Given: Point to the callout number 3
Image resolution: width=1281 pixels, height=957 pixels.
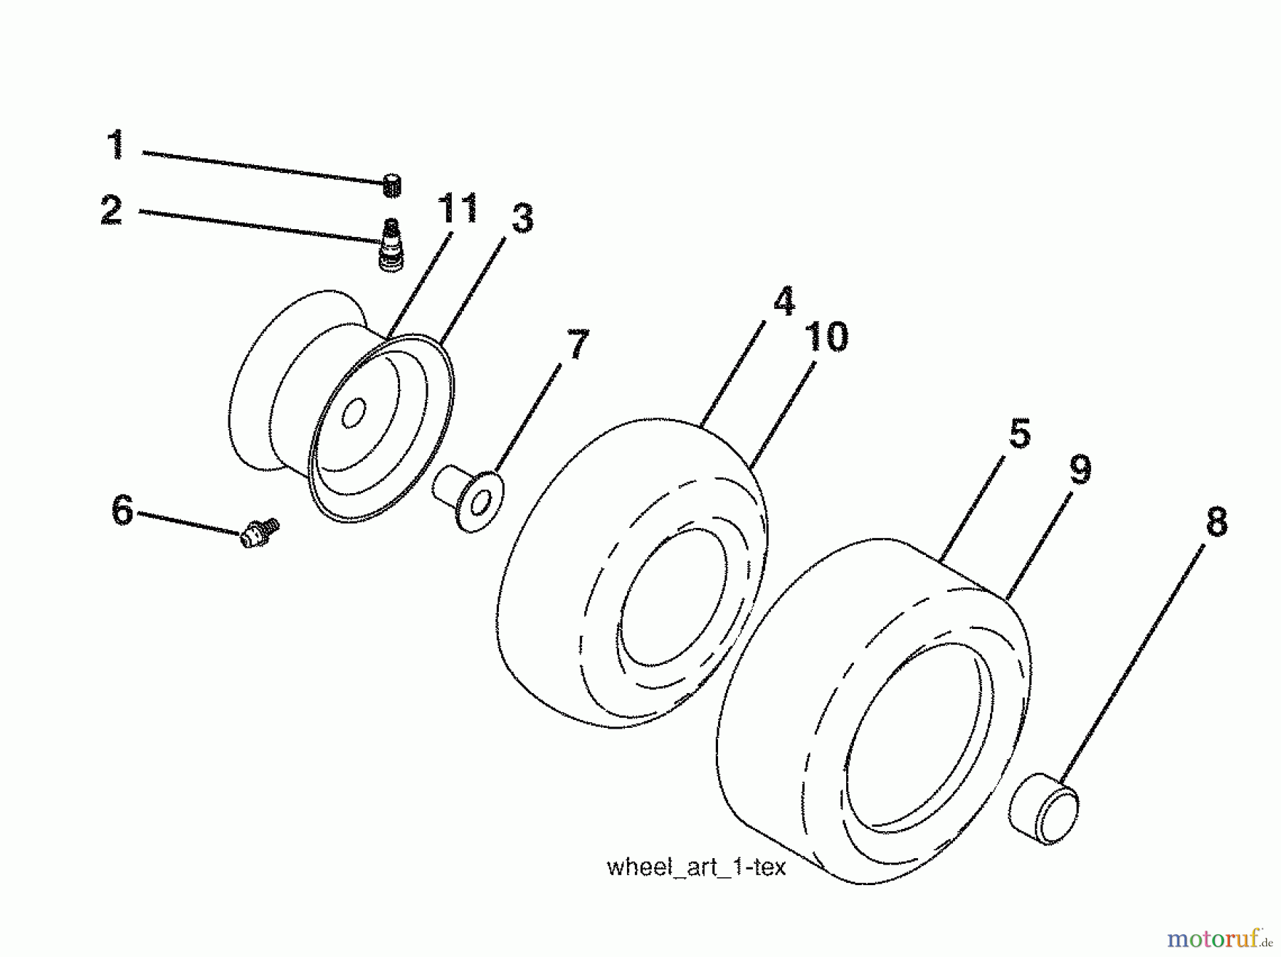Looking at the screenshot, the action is tap(522, 218).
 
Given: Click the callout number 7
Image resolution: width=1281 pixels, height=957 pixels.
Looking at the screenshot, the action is tap(577, 344).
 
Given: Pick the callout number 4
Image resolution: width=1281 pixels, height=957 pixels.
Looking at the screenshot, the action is tap(784, 301).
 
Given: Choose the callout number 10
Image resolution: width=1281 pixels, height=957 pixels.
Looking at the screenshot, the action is tap(826, 337).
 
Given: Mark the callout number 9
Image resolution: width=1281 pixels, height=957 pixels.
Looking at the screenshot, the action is tap(1080, 470).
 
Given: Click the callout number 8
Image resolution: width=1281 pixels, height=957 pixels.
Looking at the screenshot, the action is tap(1216, 522).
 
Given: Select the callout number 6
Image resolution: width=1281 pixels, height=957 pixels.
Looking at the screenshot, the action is tap(122, 510).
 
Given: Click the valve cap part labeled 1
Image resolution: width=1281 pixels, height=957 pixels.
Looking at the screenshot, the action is tap(391, 185).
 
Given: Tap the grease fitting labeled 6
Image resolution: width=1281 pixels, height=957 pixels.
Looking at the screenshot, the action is tap(258, 534).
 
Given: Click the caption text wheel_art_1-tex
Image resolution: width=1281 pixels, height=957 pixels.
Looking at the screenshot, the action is tap(696, 868).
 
